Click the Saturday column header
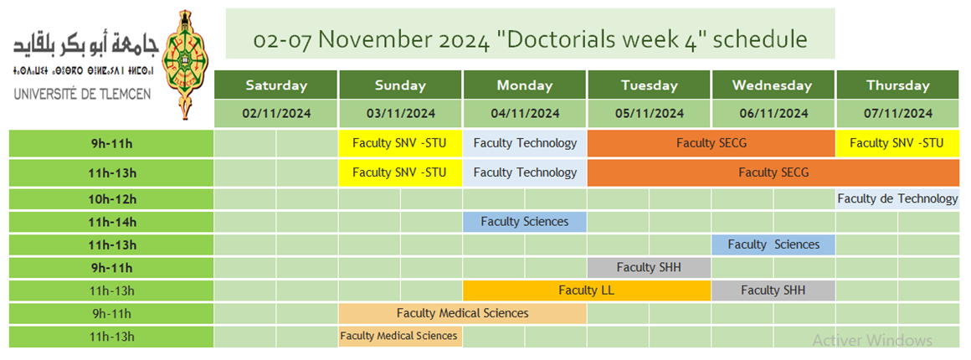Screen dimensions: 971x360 (276, 85)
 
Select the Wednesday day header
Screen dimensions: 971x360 (773, 85)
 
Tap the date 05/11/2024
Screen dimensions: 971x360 (649, 113)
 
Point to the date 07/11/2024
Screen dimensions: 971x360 (898, 113)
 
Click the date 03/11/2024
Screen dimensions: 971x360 (400, 113)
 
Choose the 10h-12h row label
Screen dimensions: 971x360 (111, 199)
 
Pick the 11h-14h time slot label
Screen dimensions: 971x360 (111, 222)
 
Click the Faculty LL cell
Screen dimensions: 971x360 (587, 290)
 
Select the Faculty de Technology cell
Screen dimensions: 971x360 (897, 199)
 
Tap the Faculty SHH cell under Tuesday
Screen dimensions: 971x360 (649, 268)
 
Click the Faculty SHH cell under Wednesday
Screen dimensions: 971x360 (773, 290)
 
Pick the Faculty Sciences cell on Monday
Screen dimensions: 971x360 (525, 222)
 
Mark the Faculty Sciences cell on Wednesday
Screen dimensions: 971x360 (773, 244)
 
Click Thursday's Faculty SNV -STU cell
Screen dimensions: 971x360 (897, 143)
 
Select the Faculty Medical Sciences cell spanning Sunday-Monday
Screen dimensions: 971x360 (463, 313)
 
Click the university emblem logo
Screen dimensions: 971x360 (184, 64)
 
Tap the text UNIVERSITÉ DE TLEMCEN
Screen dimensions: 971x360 (81, 95)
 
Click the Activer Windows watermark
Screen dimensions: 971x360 (872, 340)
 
